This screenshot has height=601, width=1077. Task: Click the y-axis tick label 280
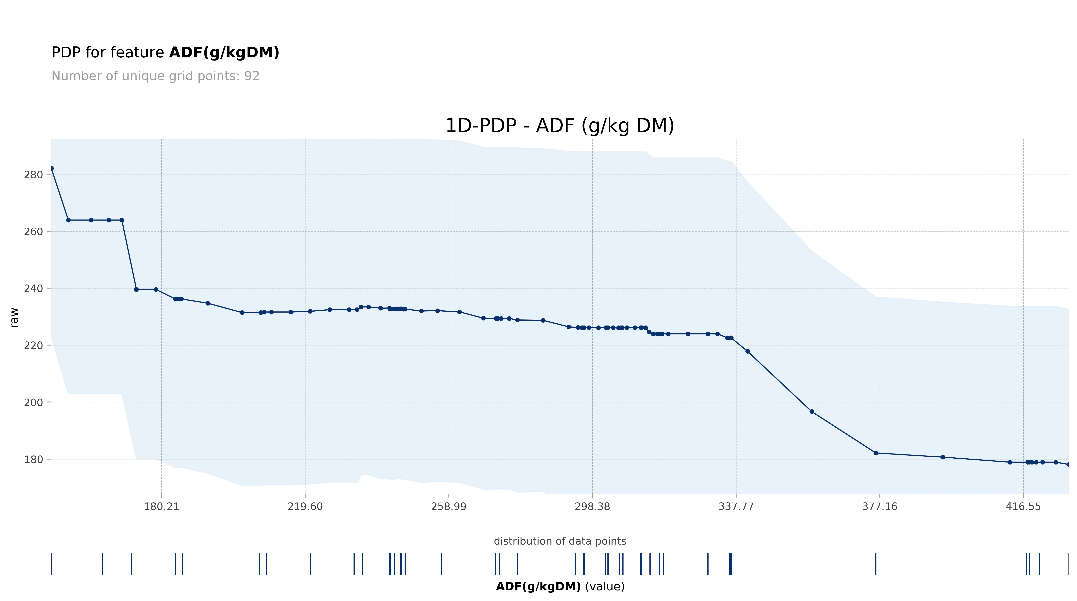33,175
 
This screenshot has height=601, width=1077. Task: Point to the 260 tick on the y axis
33,232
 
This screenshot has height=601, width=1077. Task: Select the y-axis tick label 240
33,288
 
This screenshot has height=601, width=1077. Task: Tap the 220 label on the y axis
33,345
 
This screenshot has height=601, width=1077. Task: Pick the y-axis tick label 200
33,402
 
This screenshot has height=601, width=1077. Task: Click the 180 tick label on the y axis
33,459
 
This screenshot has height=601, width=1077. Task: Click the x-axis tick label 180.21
161,506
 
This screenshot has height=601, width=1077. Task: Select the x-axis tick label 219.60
305,506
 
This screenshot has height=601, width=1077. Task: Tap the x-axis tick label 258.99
449,506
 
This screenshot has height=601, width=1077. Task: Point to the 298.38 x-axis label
592,506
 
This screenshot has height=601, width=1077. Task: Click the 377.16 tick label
880,506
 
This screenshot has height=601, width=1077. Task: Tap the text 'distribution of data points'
560,541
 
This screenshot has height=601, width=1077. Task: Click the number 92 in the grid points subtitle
252,76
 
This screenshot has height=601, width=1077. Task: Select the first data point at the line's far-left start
51,169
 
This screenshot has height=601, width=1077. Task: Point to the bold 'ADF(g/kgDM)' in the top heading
224,53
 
